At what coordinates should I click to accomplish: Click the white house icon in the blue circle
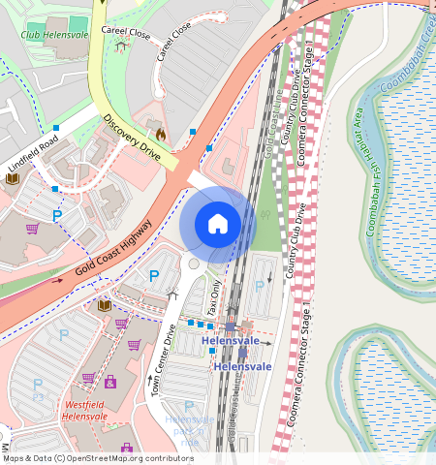coord(218,224)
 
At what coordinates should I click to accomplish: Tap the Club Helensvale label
coord(53,35)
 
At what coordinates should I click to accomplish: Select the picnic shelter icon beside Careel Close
coord(121,45)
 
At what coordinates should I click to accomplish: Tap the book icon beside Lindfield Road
coord(13,178)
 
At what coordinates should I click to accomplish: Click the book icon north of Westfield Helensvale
coord(104,305)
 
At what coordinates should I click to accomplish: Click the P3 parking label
coord(39,397)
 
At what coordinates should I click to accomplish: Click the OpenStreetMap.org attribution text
coord(136,458)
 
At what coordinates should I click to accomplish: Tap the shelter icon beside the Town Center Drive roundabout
coord(173,294)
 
